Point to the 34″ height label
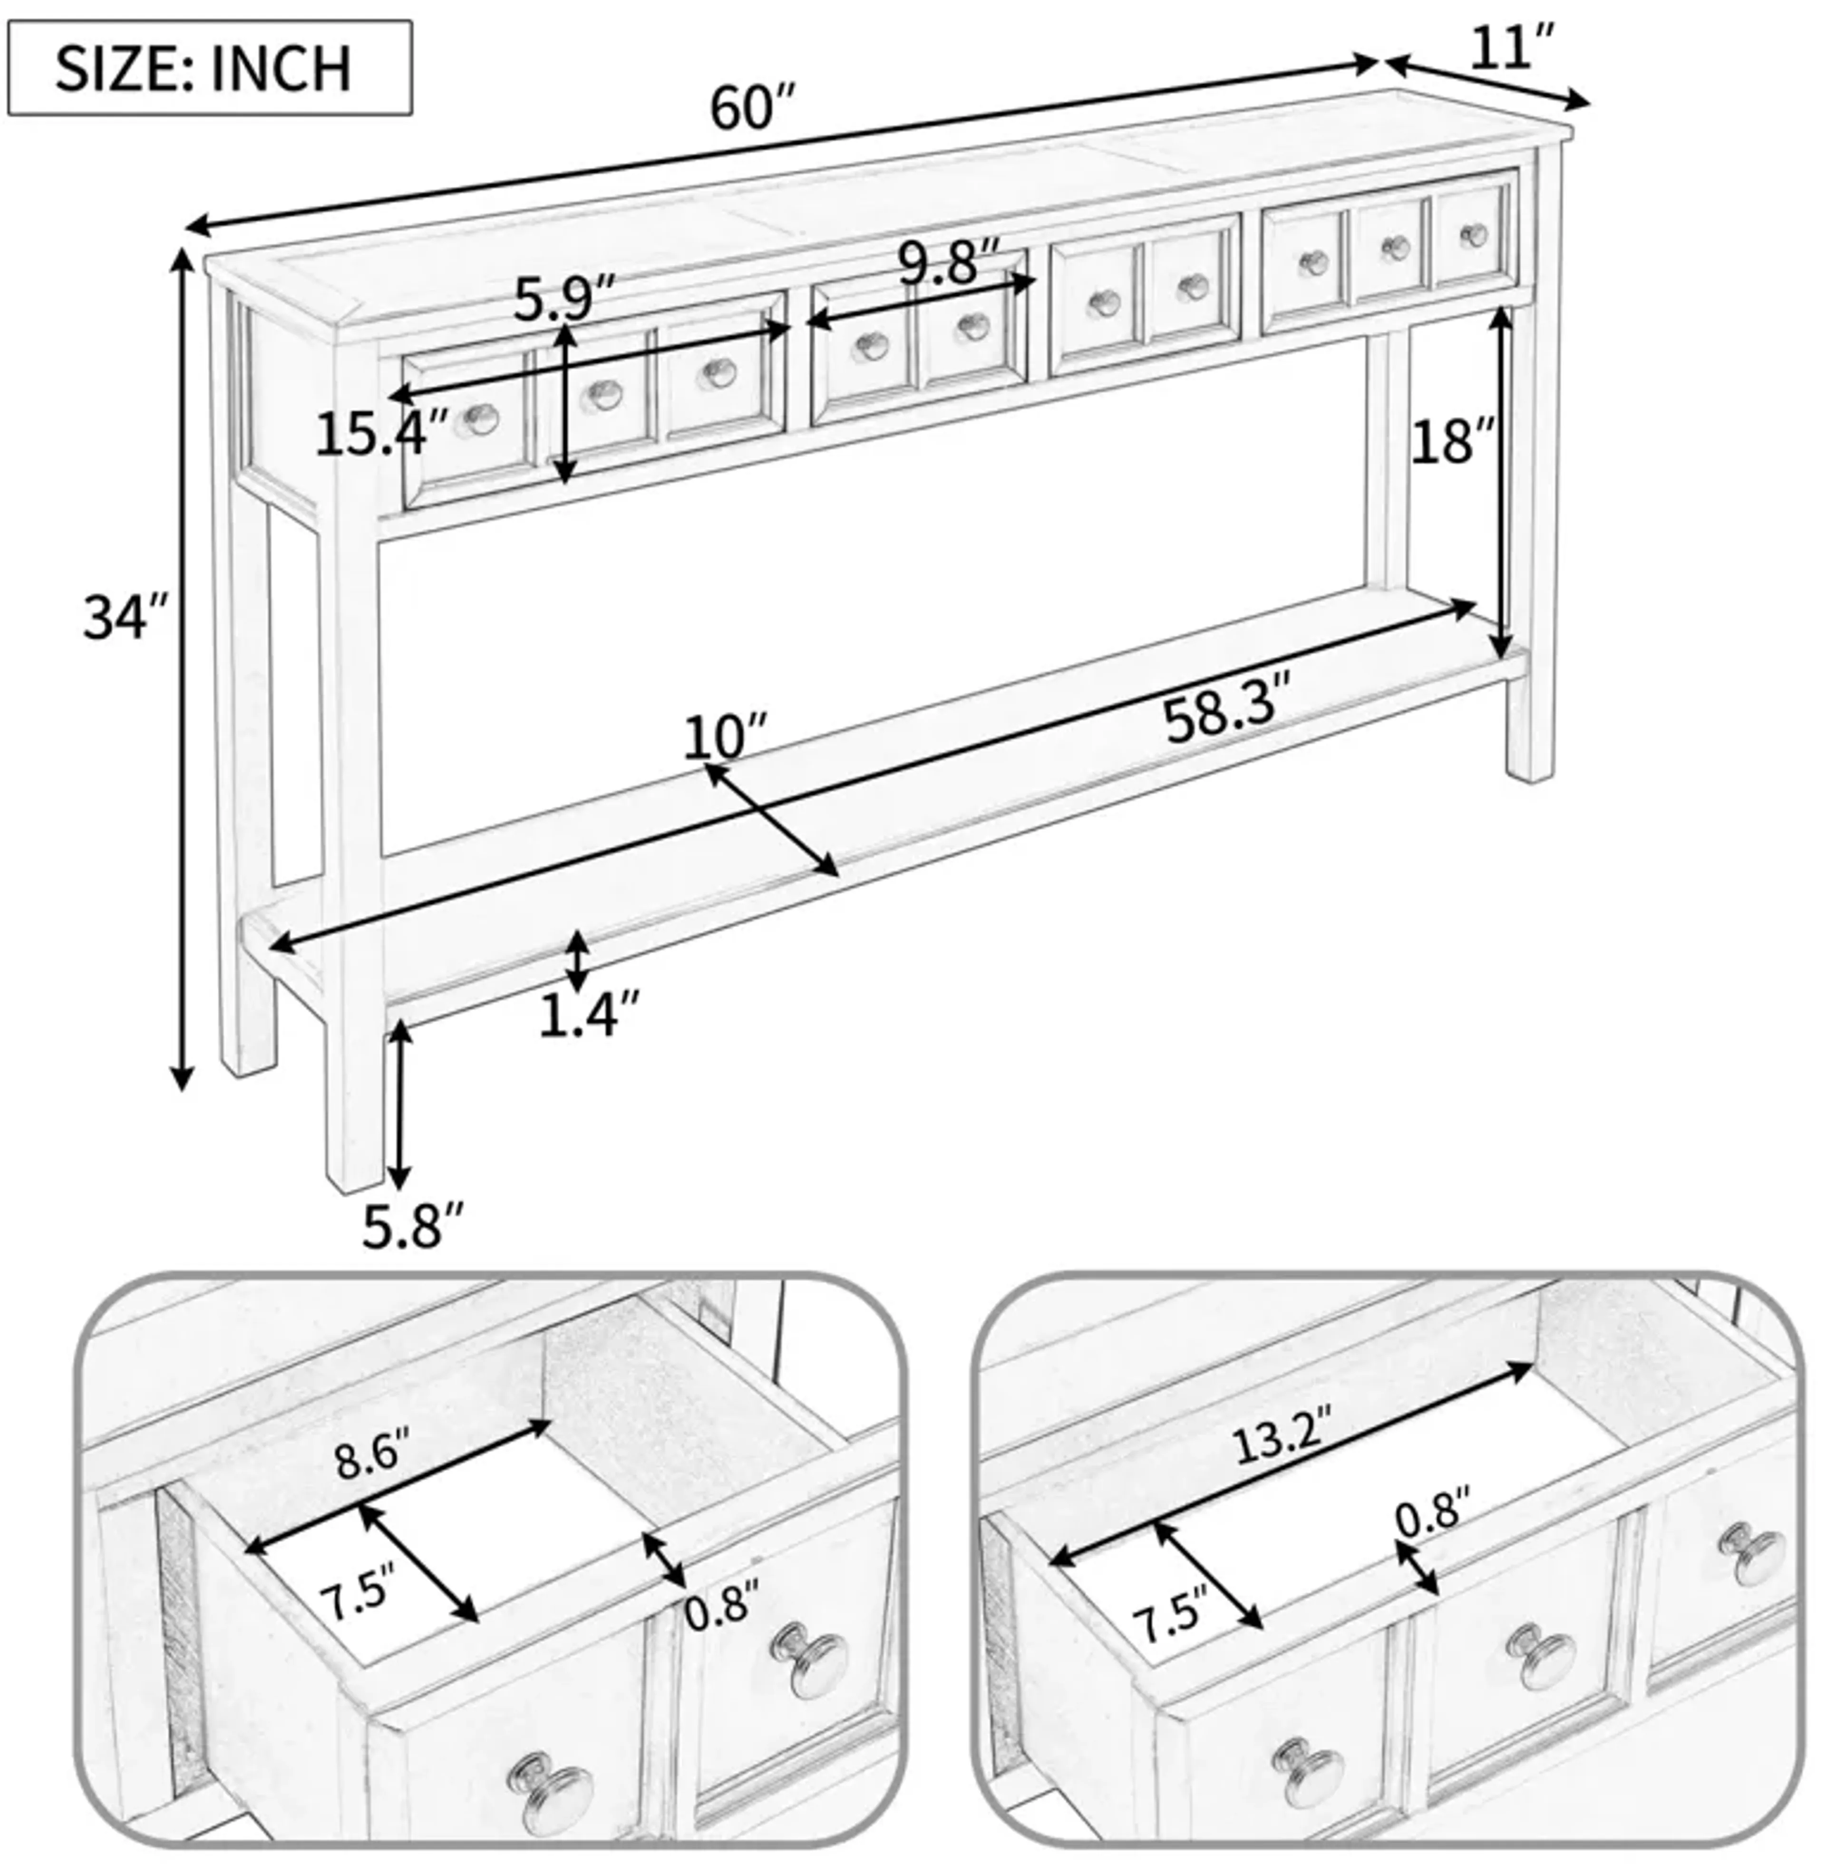tap(126, 617)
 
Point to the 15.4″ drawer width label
tap(382, 434)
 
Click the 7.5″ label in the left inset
tap(357, 1599)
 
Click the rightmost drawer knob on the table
tap(1473, 234)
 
